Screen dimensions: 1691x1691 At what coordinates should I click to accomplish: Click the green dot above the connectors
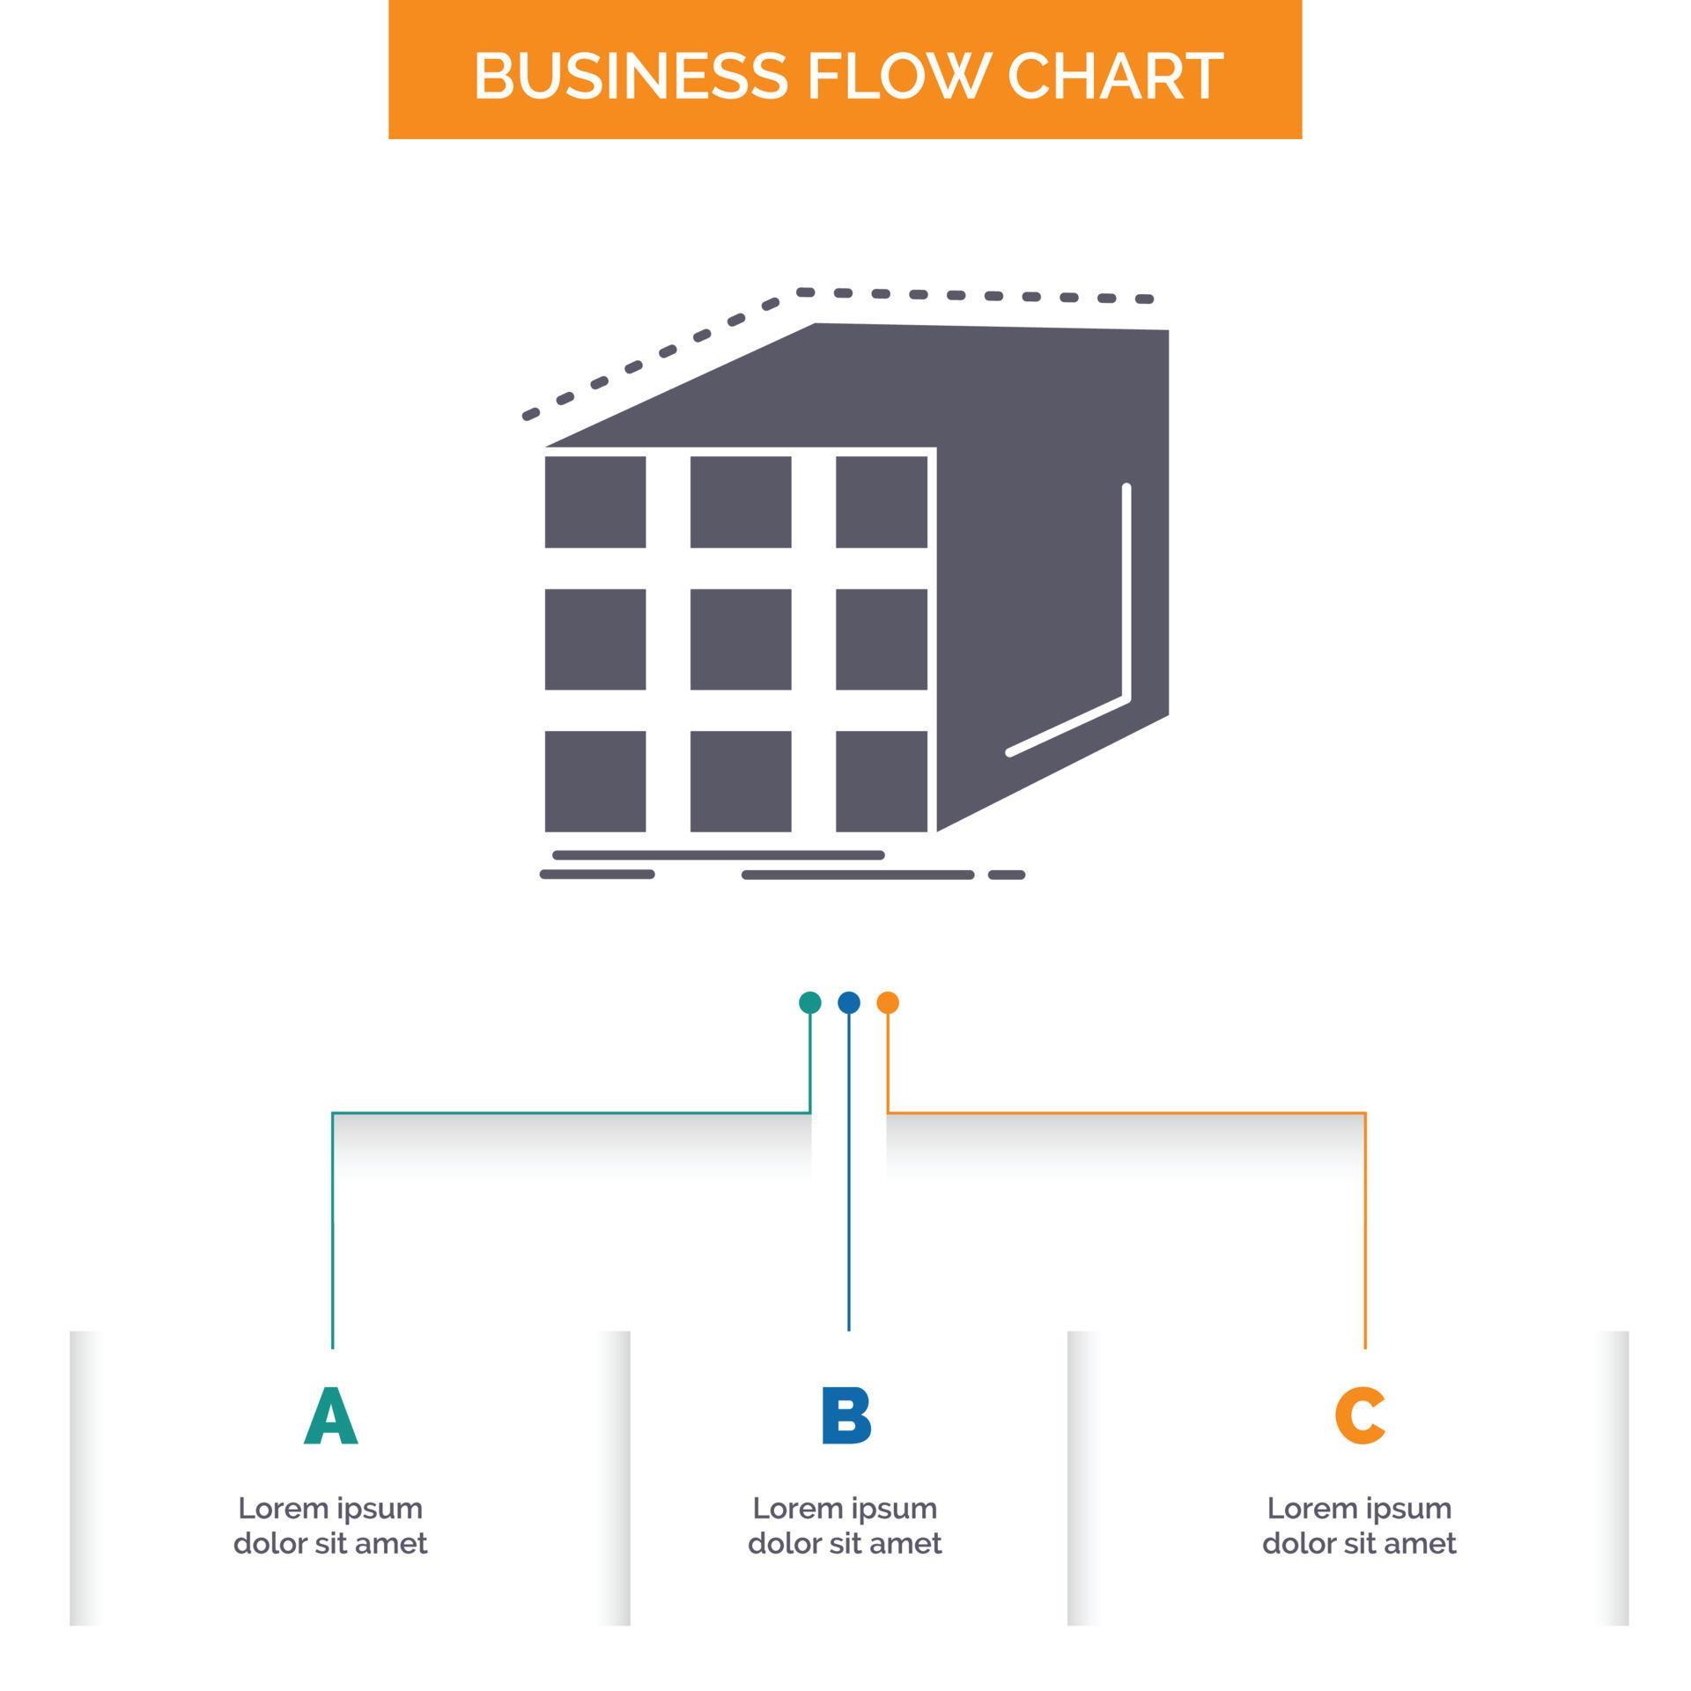[809, 1002]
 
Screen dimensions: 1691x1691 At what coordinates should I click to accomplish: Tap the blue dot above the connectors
[848, 1002]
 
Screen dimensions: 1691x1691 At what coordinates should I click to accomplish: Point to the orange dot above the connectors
[888, 1002]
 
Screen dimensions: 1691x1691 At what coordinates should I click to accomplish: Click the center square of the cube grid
[740, 639]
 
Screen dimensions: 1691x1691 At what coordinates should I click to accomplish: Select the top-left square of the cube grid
[595, 502]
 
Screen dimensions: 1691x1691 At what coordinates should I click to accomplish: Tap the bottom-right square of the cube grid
[881, 781]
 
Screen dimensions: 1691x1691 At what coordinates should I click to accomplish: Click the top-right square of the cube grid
[881, 502]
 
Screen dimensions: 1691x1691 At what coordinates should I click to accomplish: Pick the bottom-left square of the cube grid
[595, 781]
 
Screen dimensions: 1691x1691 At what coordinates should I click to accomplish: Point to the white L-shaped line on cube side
[1126, 617]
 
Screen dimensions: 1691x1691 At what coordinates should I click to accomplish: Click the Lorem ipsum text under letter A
[330, 1525]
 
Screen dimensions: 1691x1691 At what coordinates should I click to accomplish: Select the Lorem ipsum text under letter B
[845, 1525]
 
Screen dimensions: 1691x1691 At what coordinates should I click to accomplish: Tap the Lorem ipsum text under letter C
[1359, 1525]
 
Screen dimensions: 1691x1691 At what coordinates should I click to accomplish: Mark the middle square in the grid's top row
[740, 502]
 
